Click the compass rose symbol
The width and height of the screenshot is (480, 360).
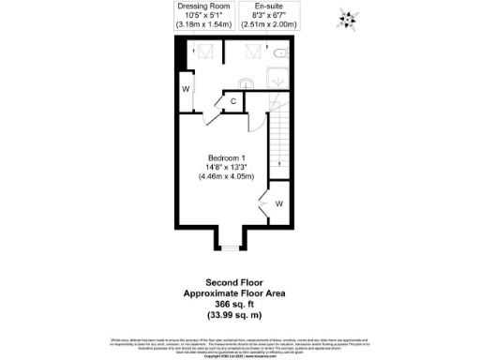[349, 19]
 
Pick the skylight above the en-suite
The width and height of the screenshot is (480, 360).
[254, 52]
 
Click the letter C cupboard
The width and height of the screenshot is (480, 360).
[233, 101]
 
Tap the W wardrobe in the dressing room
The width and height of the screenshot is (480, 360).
[186, 90]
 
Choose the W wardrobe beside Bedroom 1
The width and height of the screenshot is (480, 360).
[278, 203]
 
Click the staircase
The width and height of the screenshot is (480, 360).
[277, 141]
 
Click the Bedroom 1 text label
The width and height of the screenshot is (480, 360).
[226, 156]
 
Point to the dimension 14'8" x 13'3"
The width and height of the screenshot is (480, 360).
[226, 166]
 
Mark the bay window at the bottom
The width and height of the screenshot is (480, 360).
[229, 246]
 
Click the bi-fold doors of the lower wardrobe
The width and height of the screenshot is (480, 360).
[264, 204]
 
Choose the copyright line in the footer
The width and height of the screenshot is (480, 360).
[240, 356]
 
